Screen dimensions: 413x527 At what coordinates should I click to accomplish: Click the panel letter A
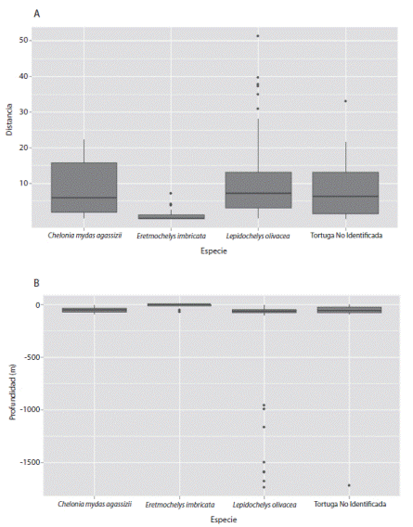click(37, 14)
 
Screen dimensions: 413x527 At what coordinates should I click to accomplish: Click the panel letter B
click(36, 283)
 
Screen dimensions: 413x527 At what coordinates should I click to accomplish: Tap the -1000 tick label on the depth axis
click(31, 410)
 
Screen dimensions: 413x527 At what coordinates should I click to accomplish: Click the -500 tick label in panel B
click(32, 357)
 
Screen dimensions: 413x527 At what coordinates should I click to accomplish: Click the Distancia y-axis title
click(9, 120)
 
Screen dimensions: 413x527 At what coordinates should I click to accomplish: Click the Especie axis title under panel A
click(213, 251)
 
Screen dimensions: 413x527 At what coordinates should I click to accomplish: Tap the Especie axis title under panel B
click(224, 520)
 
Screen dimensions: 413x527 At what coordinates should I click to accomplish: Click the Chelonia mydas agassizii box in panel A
click(84, 187)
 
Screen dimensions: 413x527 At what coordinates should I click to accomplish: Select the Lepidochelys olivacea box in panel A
click(258, 190)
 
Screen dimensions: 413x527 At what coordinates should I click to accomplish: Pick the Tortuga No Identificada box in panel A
click(346, 193)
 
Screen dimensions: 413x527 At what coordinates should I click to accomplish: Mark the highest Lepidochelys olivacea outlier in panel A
click(258, 36)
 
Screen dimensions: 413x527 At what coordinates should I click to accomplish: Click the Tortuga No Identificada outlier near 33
click(345, 101)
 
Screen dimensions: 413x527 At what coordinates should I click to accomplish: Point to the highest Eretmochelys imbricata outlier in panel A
click(171, 193)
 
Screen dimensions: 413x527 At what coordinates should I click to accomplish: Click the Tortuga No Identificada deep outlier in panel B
click(349, 485)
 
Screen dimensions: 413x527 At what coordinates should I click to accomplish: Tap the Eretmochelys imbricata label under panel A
click(171, 236)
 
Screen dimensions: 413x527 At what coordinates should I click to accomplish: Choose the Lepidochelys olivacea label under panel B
click(265, 505)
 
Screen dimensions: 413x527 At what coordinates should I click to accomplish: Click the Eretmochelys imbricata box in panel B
click(179, 305)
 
